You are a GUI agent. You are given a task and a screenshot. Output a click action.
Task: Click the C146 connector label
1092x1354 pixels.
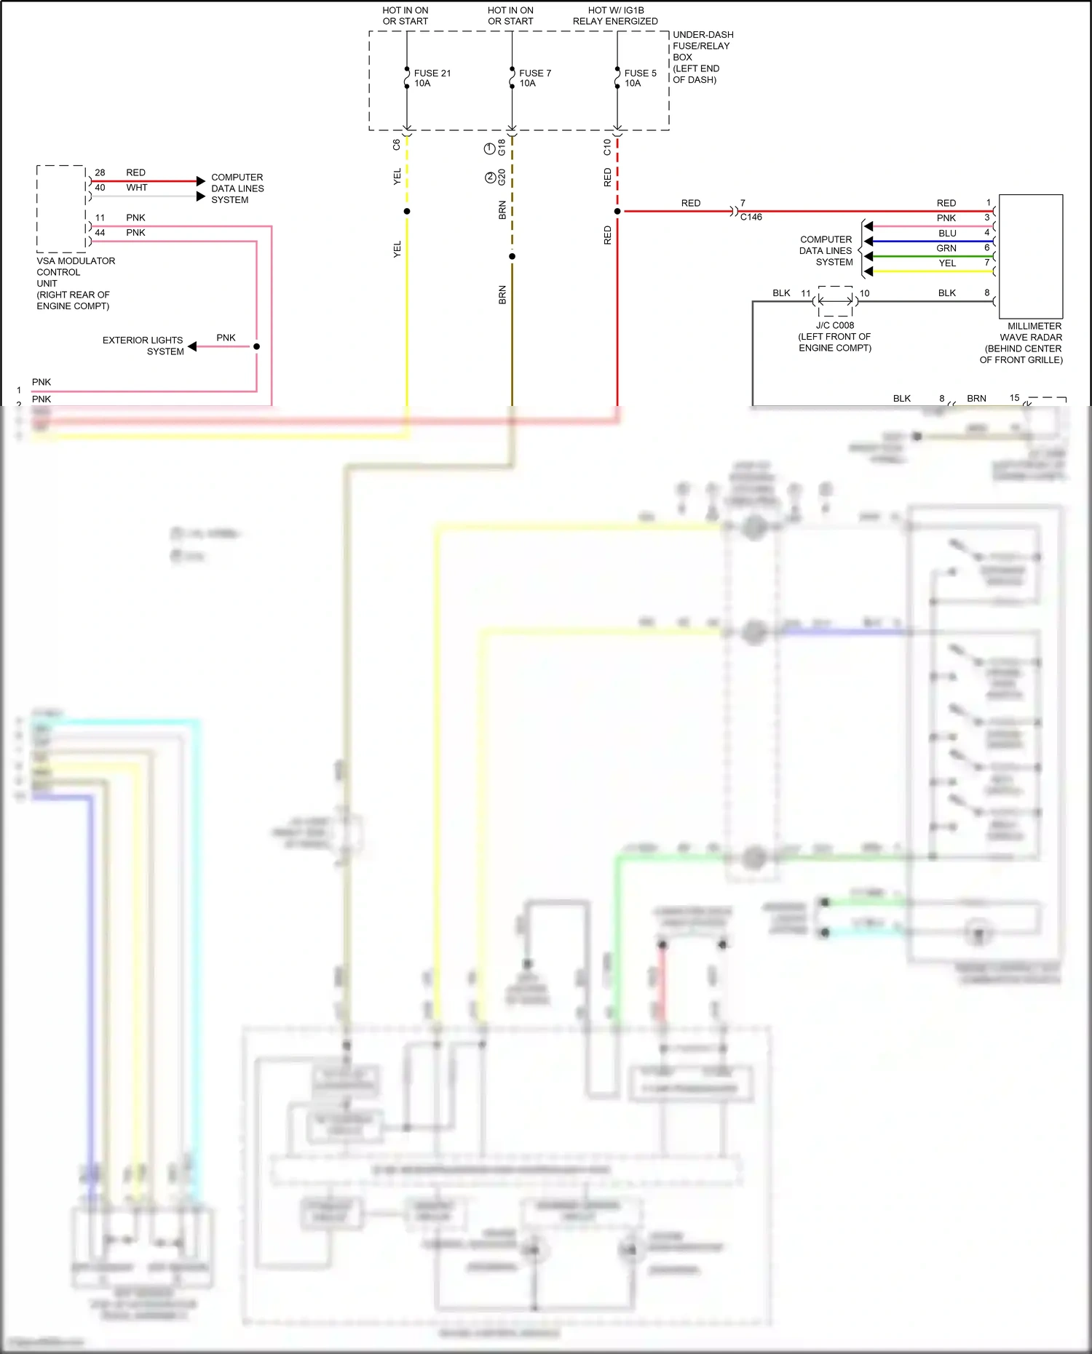pyautogui.click(x=751, y=217)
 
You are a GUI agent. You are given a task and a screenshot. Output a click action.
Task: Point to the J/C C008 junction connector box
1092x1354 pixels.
pyautogui.click(x=835, y=300)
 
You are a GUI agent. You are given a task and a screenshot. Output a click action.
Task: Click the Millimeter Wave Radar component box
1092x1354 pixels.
pyautogui.click(x=1030, y=256)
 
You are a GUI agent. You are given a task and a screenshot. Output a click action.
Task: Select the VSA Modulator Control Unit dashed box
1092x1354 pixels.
pyautogui.click(x=61, y=208)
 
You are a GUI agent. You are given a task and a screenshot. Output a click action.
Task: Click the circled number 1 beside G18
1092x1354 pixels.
pyautogui.click(x=490, y=149)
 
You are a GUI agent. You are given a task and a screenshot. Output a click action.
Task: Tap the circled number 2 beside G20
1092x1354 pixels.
pyautogui.click(x=490, y=178)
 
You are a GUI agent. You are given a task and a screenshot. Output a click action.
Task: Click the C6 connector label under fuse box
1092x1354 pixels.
pyautogui.click(x=397, y=145)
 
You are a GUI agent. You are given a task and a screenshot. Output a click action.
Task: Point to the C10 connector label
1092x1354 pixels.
pyautogui.click(x=607, y=148)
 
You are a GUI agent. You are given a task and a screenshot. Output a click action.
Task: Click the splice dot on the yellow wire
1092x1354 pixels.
pyautogui.click(x=407, y=212)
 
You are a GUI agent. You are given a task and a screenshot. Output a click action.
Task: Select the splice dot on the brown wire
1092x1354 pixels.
pyautogui.click(x=512, y=256)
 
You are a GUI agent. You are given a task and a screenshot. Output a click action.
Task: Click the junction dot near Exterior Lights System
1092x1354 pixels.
pyautogui.click(x=256, y=346)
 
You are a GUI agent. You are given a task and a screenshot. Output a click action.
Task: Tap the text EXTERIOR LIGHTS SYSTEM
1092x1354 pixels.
pyautogui.click(x=143, y=346)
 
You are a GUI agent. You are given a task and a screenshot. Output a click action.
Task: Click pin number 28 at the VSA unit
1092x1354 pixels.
pyautogui.click(x=100, y=172)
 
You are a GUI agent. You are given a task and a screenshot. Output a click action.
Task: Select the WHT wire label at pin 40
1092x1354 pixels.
pyautogui.click(x=136, y=188)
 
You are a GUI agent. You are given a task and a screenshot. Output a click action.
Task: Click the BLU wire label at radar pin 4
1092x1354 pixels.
pyautogui.click(x=947, y=234)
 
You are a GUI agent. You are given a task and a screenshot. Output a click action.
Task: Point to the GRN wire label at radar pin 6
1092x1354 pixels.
pyautogui.click(x=946, y=248)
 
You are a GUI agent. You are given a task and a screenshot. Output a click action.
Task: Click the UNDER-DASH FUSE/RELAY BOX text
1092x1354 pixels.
pyautogui.click(x=702, y=57)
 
